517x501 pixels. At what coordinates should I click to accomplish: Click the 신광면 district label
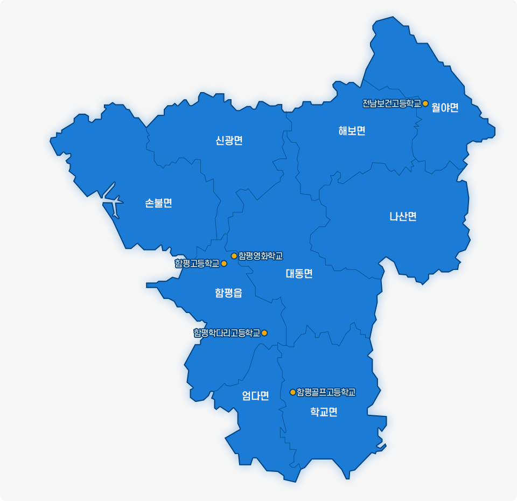[x=229, y=141]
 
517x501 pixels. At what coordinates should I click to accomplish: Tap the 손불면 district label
[x=158, y=203]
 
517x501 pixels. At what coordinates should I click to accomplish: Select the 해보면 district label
[x=352, y=131]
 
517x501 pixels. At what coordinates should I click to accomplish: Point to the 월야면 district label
[x=445, y=108]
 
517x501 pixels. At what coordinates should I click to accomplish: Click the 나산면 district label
[x=403, y=217]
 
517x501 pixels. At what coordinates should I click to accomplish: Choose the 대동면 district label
[x=299, y=274]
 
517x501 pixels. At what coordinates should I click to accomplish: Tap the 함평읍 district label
[x=228, y=293]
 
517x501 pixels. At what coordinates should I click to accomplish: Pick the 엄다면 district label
[x=255, y=396]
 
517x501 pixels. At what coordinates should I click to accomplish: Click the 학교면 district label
[x=324, y=412]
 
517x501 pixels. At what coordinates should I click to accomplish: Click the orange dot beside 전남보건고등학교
[x=425, y=103]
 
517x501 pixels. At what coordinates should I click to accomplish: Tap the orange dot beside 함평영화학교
[x=234, y=256]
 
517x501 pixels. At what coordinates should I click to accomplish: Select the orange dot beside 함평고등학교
[x=224, y=263]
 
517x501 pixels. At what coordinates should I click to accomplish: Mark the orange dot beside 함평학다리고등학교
[x=264, y=333]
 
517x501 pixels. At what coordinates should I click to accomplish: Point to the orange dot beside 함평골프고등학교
[x=293, y=392]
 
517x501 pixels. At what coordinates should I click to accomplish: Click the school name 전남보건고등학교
[x=392, y=103]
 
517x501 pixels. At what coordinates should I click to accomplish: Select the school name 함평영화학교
[x=261, y=256]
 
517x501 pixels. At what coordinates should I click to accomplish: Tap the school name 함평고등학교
[x=197, y=263]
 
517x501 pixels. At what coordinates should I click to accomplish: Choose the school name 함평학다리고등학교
[x=227, y=333]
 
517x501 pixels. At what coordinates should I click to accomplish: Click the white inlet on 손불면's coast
[x=111, y=202]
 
